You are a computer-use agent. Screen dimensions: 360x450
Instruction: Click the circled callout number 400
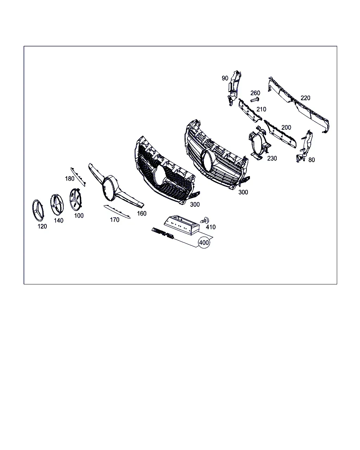click(204, 243)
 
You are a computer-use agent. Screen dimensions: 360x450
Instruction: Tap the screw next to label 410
click(205, 220)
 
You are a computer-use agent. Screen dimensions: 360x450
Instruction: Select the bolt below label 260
click(255, 100)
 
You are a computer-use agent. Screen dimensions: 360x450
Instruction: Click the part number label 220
click(305, 98)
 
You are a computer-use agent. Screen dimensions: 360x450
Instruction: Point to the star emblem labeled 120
click(38, 210)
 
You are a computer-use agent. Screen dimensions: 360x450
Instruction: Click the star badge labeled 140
click(57, 205)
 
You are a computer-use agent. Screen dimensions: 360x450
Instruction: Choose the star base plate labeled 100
click(75, 199)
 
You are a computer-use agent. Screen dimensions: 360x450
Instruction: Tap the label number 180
click(70, 179)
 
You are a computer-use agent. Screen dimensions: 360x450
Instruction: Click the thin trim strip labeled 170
click(117, 212)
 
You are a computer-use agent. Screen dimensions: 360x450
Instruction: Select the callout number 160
click(142, 213)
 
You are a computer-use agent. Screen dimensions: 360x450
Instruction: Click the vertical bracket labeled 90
click(234, 88)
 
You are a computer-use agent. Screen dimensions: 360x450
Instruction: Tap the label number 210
click(261, 109)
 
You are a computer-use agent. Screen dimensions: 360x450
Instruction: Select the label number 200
click(286, 127)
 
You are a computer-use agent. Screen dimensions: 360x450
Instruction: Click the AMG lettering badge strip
click(163, 233)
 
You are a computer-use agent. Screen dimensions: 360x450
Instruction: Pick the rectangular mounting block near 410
click(181, 225)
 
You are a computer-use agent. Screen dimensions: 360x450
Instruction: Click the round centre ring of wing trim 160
click(110, 188)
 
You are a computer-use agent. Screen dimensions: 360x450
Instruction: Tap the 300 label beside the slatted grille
click(243, 192)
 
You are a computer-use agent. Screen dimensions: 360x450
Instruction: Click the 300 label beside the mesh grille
click(195, 204)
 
